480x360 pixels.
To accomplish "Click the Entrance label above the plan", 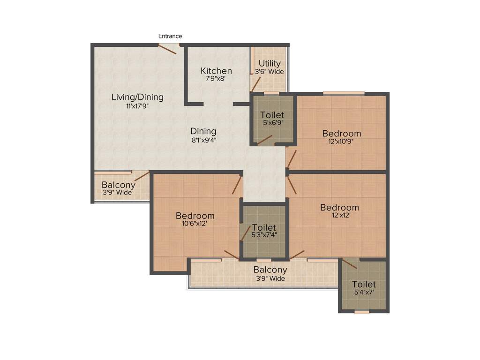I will [170, 36].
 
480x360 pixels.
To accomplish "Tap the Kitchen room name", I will [216, 71].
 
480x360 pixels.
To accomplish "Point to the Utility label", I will [270, 63].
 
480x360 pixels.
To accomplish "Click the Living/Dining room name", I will [137, 97].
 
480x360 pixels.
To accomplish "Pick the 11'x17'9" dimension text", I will [137, 106].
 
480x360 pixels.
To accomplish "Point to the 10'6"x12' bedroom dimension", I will [195, 224].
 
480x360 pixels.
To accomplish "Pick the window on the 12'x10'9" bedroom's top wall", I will [344, 93].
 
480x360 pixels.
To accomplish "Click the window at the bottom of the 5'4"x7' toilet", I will [361, 312].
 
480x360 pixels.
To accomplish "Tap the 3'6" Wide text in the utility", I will [270, 72].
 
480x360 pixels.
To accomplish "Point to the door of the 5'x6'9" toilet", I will [264, 140].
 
